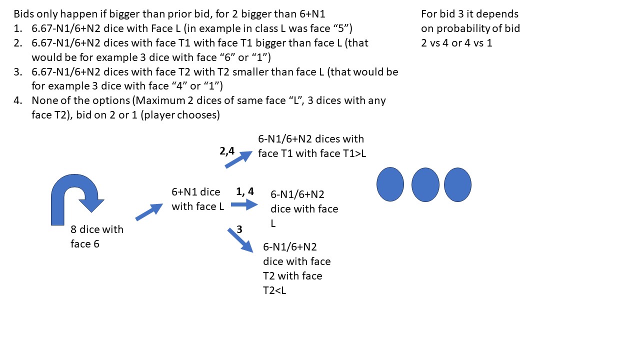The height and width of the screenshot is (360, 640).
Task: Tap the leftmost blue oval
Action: tap(390, 184)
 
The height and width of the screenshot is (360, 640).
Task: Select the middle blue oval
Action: tap(425, 184)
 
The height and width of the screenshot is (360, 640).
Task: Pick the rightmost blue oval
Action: tap(457, 184)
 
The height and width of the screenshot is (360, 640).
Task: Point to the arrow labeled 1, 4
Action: tap(243, 204)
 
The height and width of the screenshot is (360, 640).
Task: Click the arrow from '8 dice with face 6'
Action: tap(149, 212)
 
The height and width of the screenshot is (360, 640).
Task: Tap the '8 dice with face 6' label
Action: tap(97, 237)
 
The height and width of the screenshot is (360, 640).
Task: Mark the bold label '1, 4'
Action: tap(245, 191)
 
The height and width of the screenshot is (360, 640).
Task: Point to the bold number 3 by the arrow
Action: tap(239, 229)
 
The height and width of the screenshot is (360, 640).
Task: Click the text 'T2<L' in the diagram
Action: tap(274, 290)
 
